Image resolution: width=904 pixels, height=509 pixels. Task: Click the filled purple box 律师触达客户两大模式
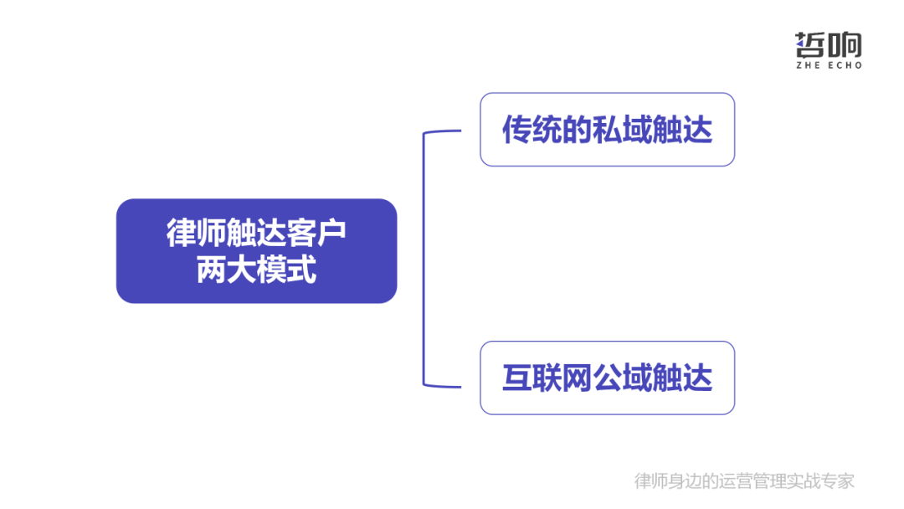click(x=256, y=250)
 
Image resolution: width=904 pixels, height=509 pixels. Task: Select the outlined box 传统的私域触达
click(x=607, y=130)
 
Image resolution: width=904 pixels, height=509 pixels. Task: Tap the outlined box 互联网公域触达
click(x=607, y=378)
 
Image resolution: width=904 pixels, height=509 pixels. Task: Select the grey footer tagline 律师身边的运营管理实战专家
click(x=744, y=481)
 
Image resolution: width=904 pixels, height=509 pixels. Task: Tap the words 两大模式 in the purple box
click(x=256, y=270)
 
